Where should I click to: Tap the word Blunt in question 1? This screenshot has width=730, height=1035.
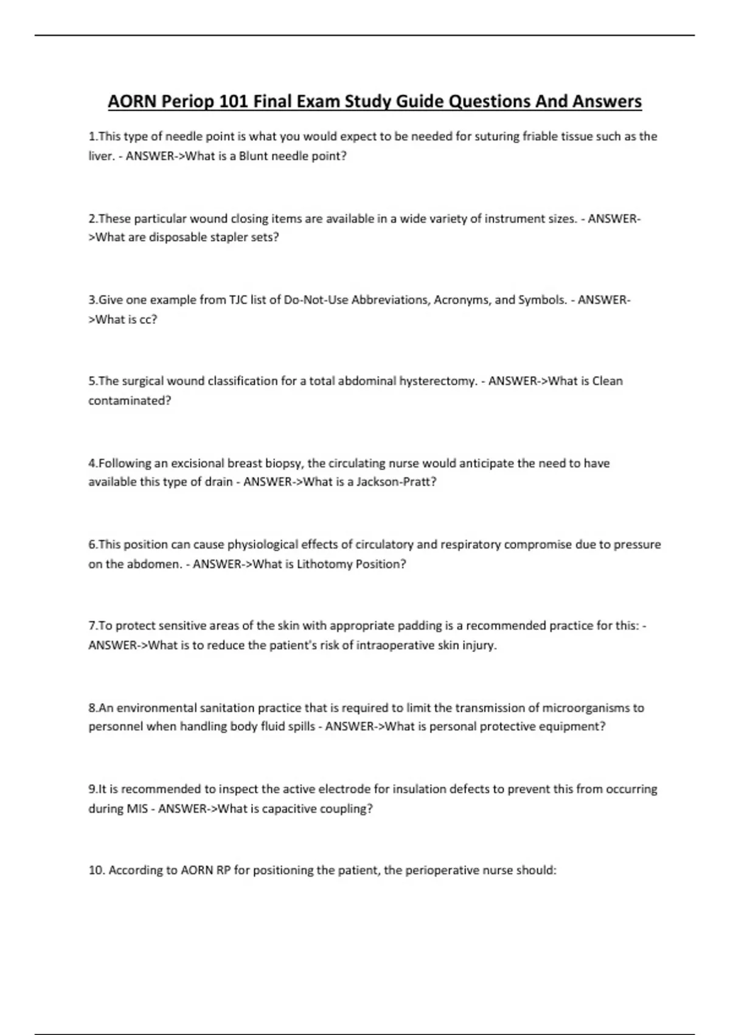(x=254, y=156)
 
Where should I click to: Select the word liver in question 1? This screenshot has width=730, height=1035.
(x=100, y=156)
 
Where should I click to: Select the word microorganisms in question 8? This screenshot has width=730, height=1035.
(x=586, y=707)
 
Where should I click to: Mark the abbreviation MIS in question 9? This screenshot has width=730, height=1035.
(x=137, y=809)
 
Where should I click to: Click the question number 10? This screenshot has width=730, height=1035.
(x=96, y=871)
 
